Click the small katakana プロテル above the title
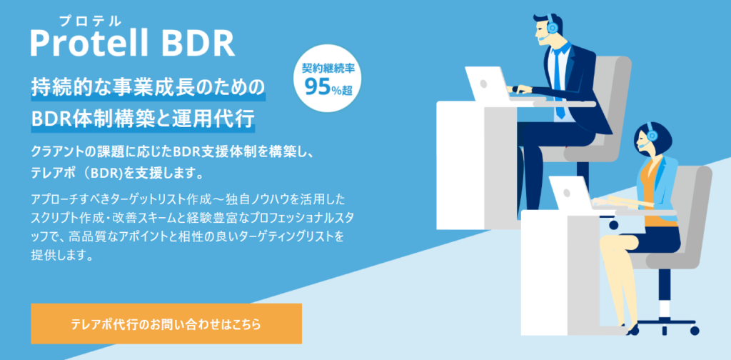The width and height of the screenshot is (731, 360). [x=90, y=21]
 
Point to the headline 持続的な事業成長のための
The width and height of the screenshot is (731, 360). [x=148, y=89]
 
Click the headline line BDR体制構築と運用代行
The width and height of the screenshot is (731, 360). [x=143, y=119]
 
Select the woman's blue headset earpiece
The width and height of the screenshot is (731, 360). [x=652, y=136]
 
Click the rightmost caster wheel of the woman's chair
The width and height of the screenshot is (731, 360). [x=695, y=331]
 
